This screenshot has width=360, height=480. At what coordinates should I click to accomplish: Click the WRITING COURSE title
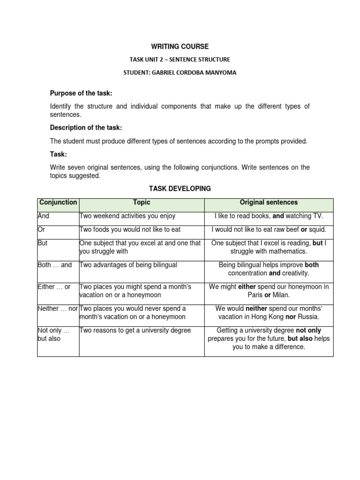coord(180,46)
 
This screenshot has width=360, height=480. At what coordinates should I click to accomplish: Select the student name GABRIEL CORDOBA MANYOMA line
coord(180,73)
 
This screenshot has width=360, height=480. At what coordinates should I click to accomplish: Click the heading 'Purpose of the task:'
coord(81,94)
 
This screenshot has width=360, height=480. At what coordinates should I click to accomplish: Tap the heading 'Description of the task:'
coord(86,128)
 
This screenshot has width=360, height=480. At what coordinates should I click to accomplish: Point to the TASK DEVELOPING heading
coord(180,188)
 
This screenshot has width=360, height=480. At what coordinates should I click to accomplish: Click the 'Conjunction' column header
coord(58,202)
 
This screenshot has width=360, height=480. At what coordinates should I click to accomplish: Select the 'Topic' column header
coord(142,202)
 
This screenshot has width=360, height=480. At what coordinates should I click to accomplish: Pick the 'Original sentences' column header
coord(269,202)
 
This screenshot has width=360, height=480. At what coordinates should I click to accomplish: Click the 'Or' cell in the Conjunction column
coord(41,230)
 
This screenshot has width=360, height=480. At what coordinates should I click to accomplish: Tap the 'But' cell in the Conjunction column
coord(43,243)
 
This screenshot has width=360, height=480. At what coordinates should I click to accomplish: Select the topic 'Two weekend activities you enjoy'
coord(128,216)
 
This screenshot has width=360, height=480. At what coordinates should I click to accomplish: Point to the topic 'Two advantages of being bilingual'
coord(129,265)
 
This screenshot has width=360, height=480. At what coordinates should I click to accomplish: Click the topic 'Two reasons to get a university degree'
coord(135,330)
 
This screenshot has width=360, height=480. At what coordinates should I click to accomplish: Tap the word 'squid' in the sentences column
coord(316,230)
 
